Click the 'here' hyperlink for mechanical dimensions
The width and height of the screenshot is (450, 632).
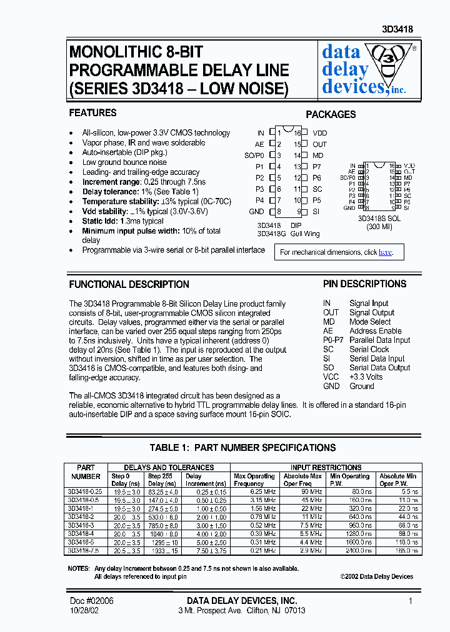[x=385, y=252]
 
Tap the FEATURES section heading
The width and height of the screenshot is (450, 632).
[x=92, y=113]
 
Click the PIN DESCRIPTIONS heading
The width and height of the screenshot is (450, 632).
[x=364, y=284]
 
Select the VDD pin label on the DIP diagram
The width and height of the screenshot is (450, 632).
[x=319, y=133]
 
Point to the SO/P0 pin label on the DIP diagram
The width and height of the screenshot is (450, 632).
[x=254, y=156]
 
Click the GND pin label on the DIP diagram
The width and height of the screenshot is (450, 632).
[x=256, y=212]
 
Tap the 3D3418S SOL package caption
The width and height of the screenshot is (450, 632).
[x=379, y=219]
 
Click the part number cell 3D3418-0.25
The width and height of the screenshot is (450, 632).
[x=86, y=491]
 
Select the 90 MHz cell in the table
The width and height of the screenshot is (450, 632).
[x=311, y=491]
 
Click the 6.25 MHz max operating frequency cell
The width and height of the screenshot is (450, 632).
[x=263, y=491]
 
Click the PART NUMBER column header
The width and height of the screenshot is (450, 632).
[x=86, y=472]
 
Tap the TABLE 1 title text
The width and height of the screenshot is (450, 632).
[x=242, y=448]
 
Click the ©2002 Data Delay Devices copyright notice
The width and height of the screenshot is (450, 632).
[x=377, y=576]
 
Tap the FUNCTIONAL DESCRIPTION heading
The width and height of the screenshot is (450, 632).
[x=129, y=285]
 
